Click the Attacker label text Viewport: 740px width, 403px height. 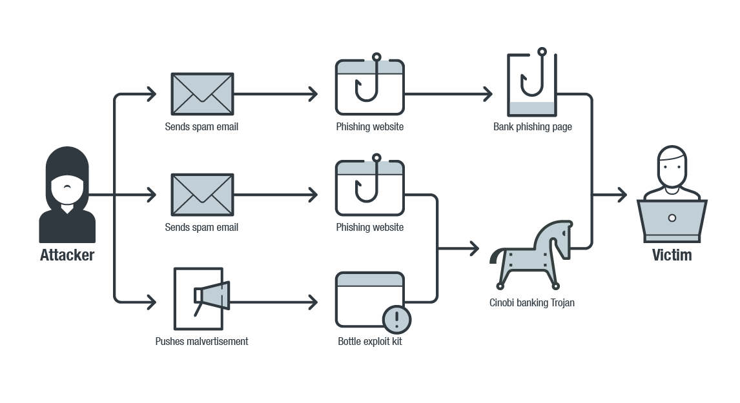67,255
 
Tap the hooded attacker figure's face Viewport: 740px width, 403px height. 67,188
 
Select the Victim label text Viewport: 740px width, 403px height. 672,255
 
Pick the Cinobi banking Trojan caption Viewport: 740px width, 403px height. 532,302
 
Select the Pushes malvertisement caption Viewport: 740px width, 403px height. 201,342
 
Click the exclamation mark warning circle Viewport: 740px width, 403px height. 397,319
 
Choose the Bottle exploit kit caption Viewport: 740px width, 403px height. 370,342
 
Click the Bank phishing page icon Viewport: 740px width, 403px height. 532,84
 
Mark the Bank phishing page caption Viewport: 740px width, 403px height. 533,127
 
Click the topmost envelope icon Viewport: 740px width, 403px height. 202,94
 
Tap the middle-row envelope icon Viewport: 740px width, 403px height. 202,195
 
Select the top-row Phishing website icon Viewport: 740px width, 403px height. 370,87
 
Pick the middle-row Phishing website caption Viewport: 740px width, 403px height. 370,228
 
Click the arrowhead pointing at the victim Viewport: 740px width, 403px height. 622,195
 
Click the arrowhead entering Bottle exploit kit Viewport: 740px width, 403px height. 313,302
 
